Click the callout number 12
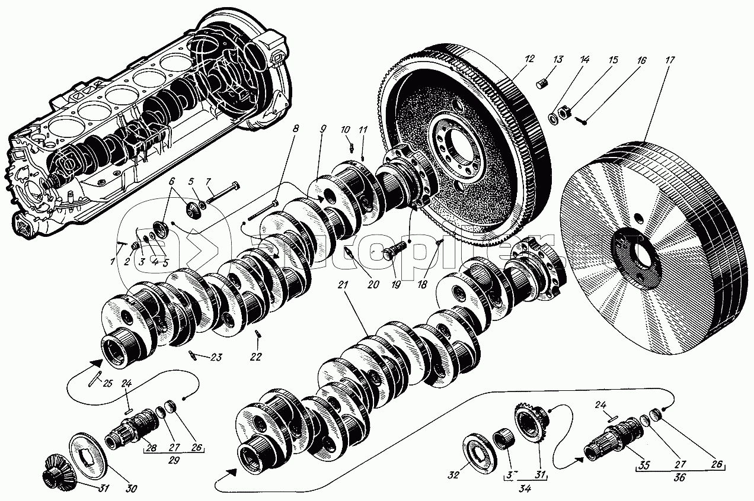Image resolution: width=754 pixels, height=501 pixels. pos(529,59)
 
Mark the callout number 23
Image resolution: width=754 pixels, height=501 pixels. pos(216,357)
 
